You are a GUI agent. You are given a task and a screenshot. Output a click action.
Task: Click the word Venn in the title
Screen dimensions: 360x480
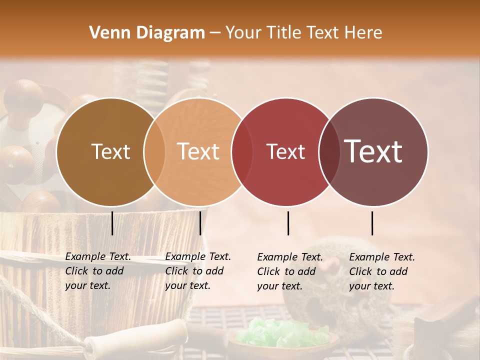tap(106, 33)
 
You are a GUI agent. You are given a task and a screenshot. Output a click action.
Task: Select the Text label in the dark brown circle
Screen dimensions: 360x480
tap(110, 151)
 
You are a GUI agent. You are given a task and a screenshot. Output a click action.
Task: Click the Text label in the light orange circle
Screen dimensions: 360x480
tap(198, 151)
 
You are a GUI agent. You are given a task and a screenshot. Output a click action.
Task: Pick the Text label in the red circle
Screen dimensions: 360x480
tap(285, 151)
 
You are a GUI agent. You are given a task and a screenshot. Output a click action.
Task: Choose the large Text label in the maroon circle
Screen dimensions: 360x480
tap(373, 151)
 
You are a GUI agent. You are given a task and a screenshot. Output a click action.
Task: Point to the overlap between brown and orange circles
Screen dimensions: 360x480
tap(154, 151)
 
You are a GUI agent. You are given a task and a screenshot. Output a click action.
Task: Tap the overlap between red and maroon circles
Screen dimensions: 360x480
tap(329, 151)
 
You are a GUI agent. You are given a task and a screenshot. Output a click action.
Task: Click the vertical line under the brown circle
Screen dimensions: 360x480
tap(112, 223)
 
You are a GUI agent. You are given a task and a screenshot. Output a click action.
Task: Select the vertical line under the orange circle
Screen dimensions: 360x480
tap(200, 223)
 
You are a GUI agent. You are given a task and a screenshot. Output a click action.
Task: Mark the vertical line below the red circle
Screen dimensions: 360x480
tap(288, 223)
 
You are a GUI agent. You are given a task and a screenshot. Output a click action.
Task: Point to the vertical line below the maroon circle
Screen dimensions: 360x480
tap(372, 223)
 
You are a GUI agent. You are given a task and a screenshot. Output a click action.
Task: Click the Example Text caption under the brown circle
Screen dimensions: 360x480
tap(97, 271)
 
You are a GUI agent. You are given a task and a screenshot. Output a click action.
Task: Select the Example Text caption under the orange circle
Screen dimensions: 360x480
tap(197, 271)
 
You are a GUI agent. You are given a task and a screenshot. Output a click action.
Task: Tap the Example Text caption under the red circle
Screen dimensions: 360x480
tap(289, 271)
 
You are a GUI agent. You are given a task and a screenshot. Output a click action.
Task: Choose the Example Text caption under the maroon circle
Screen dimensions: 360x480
tap(381, 271)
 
